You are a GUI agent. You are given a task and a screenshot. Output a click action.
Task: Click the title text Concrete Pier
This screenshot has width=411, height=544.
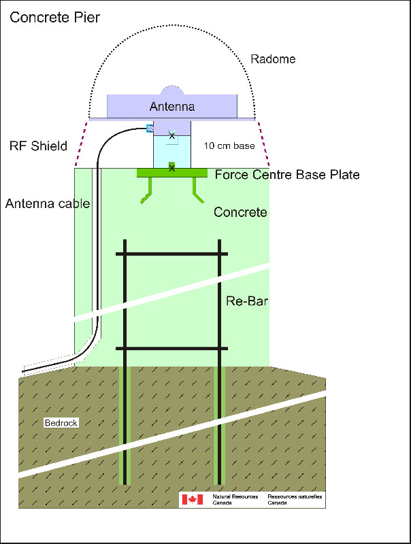(55, 18)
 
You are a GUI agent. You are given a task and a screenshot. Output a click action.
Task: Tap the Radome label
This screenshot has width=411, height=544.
(273, 59)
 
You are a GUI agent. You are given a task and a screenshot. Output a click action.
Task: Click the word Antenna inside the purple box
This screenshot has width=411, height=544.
(172, 106)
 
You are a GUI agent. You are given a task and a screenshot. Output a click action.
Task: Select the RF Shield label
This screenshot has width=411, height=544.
(38, 146)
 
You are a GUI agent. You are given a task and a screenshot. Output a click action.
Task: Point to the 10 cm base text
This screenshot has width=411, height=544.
(229, 146)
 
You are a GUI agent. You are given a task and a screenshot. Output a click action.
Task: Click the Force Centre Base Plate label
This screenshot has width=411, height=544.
(287, 175)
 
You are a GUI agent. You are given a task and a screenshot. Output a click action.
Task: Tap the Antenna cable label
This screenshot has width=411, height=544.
(48, 203)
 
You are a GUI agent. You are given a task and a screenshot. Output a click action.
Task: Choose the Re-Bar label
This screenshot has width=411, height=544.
(247, 301)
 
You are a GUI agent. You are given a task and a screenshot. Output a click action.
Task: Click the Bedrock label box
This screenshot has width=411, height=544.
(61, 422)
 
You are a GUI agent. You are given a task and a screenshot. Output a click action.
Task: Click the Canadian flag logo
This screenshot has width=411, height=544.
(193, 500)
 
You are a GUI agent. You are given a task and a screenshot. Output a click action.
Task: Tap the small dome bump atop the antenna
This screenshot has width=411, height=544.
(172, 90)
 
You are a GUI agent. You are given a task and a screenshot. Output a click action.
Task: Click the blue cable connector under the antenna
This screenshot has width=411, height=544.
(150, 129)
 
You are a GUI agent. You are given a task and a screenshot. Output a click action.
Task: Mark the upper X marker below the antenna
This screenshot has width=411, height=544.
(172, 135)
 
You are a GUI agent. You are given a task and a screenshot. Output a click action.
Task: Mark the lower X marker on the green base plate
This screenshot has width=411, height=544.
(172, 168)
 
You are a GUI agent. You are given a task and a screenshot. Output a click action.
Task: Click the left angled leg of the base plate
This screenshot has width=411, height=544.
(147, 192)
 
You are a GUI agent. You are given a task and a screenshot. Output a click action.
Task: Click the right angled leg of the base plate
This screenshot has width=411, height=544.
(197, 191)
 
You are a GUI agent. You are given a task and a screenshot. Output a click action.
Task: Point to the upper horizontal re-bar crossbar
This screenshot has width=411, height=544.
(172, 254)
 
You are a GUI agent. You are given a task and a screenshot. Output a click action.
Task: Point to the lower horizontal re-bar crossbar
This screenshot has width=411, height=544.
(172, 348)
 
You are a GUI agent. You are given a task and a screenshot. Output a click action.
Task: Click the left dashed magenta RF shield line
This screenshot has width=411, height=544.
(81, 144)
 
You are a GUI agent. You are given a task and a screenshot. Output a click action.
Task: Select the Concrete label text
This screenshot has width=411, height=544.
(240, 212)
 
